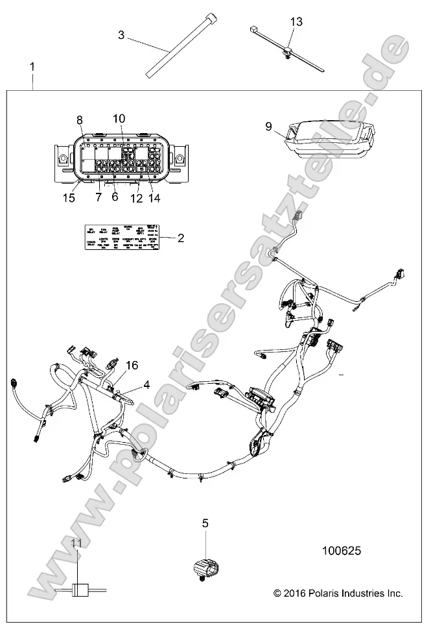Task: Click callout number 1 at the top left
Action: [x=33, y=67]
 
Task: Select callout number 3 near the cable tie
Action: [x=121, y=34]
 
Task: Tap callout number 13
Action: [x=296, y=22]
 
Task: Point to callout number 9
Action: [x=268, y=127]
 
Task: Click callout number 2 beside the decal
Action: [x=181, y=238]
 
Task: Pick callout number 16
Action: [x=132, y=366]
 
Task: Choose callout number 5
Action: [x=205, y=523]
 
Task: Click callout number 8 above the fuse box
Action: [x=80, y=119]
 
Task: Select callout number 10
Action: [x=118, y=118]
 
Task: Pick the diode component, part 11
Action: [x=80, y=590]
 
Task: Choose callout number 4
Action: [x=146, y=384]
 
